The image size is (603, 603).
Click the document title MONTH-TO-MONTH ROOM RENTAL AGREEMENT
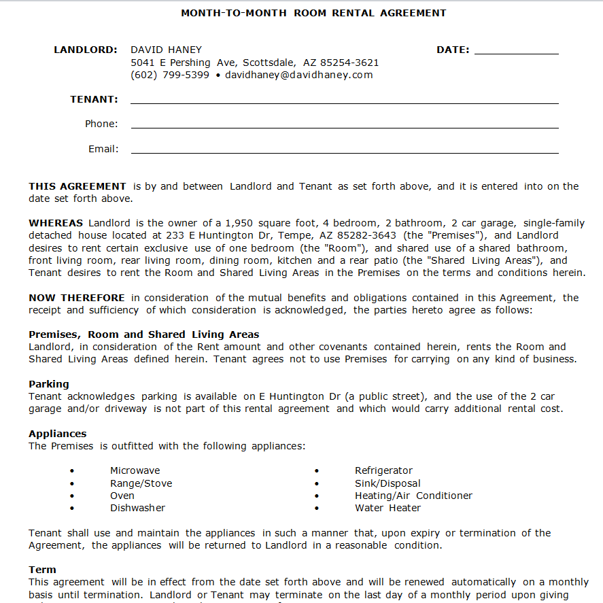click(313, 13)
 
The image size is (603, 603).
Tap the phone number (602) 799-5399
click(170, 75)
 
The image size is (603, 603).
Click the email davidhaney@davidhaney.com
click(299, 75)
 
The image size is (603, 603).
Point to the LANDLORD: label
click(86, 50)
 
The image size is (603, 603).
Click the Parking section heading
click(49, 384)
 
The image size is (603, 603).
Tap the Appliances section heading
click(58, 434)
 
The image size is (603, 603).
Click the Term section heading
click(42, 570)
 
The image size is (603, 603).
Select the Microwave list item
click(135, 470)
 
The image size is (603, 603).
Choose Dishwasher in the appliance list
click(137, 508)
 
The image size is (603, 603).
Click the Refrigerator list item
click(383, 470)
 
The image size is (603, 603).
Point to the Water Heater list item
click(387, 508)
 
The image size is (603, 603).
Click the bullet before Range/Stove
click(72, 484)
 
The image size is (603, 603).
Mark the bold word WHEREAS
click(56, 223)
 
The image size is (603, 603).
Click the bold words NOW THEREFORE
click(77, 298)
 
